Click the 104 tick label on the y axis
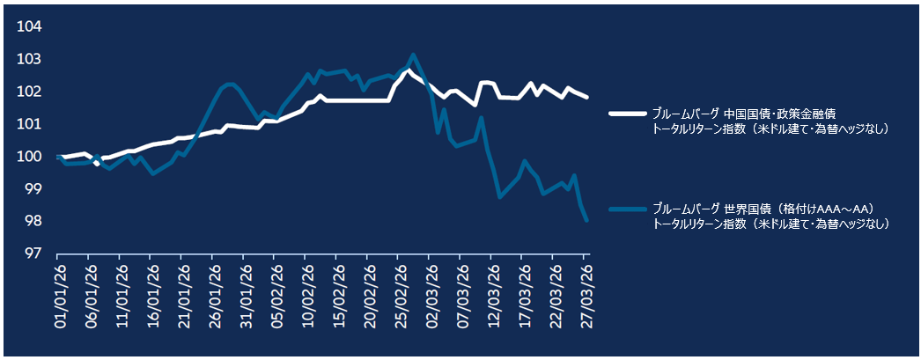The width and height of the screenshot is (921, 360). pos(30,26)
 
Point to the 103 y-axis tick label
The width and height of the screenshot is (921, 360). pos(30,59)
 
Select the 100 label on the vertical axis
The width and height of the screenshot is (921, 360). pos(30,157)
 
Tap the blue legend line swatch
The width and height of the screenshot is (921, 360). pos(626,209)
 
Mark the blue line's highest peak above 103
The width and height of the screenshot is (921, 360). pos(414,55)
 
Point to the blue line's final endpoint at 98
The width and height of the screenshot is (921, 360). pos(586,221)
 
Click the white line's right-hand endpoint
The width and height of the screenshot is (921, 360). pos(587,97)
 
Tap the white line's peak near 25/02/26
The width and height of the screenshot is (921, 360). pos(408,69)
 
